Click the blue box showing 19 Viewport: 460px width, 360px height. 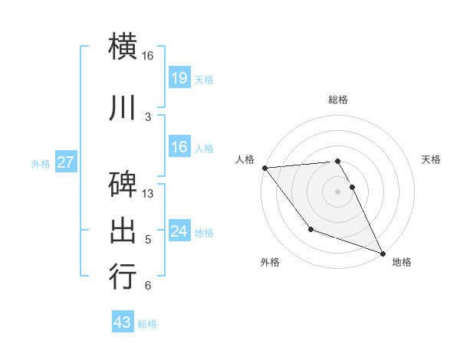179,77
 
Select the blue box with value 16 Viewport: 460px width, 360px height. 179,147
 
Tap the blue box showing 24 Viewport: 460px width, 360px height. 179,231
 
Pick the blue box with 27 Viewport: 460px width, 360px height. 65,162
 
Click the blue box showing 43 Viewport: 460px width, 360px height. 123,322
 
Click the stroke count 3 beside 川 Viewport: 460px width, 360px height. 148,116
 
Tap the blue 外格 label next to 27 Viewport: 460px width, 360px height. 41,163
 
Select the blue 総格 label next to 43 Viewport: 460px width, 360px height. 147,324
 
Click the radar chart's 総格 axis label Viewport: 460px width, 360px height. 338,100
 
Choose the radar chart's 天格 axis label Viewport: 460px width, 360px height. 432,159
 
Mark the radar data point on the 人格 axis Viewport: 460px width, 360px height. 264,168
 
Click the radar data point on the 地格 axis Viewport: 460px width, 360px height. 383,253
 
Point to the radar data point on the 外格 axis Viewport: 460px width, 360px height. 310,229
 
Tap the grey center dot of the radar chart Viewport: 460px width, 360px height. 338,191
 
